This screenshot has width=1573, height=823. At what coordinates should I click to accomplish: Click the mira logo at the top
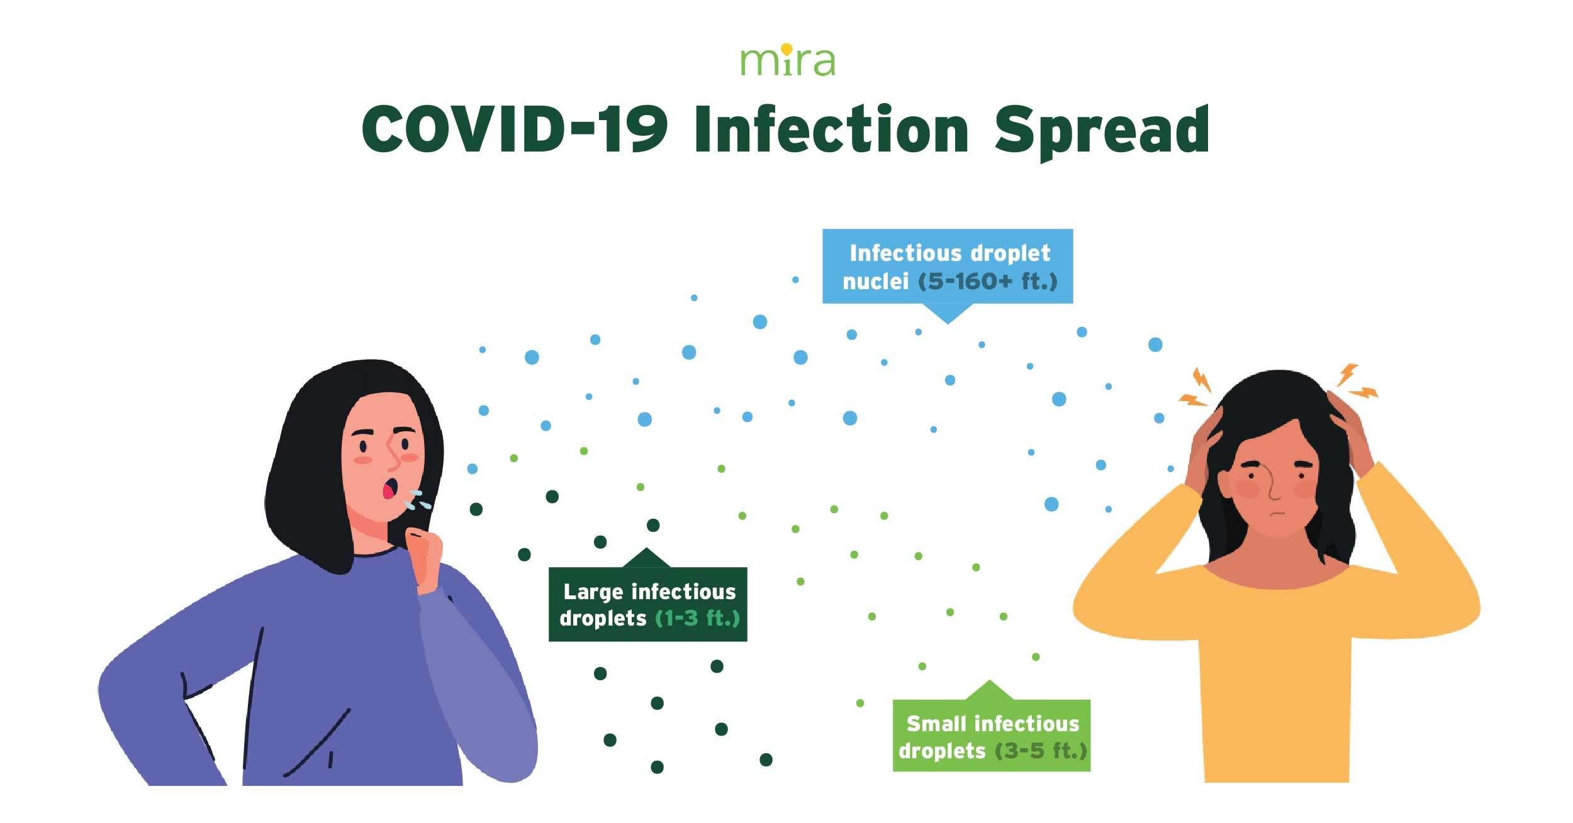[x=787, y=60]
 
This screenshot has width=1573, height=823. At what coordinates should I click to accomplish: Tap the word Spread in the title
[x=1101, y=133]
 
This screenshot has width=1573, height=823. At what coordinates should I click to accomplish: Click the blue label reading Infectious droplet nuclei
[x=948, y=267]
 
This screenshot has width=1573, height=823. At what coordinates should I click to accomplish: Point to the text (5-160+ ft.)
[x=988, y=281]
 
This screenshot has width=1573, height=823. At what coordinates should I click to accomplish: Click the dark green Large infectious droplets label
[x=648, y=604]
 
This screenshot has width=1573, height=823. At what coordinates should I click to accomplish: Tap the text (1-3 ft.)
[x=697, y=618]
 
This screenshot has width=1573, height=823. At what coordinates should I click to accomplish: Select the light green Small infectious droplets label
[x=991, y=736]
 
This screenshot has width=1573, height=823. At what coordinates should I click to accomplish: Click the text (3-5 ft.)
[x=1041, y=750]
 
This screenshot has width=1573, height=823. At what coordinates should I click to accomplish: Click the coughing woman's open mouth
[x=391, y=489]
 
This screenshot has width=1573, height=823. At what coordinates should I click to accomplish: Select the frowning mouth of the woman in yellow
[x=1274, y=514]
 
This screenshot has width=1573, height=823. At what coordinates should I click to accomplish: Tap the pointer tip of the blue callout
[x=948, y=323]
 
